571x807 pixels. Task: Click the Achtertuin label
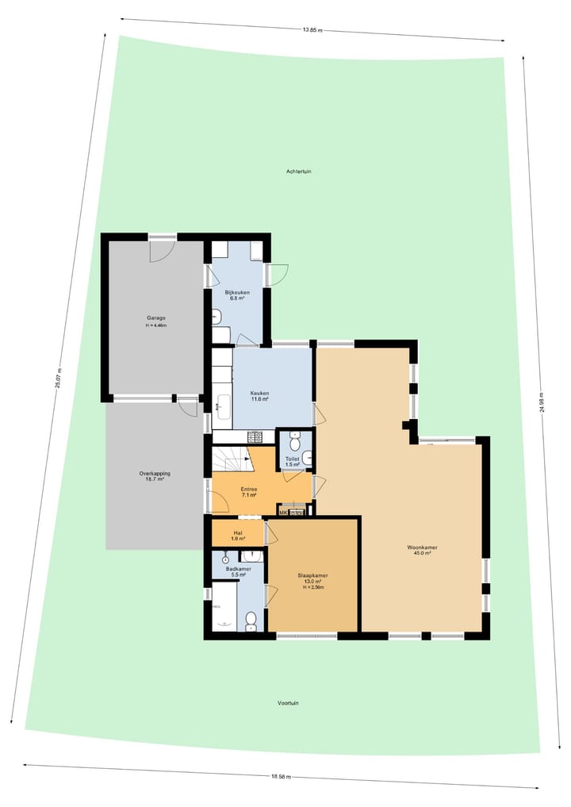[299, 171]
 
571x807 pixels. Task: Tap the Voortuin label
[289, 703]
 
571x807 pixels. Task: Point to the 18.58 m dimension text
[282, 777]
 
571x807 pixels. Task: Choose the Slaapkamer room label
[313, 579]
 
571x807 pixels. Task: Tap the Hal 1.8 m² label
[237, 536]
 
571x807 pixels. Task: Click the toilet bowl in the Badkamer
[251, 619]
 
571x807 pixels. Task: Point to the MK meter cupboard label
[284, 513]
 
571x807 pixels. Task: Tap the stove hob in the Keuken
[255, 436]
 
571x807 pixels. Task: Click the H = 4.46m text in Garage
[155, 326]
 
